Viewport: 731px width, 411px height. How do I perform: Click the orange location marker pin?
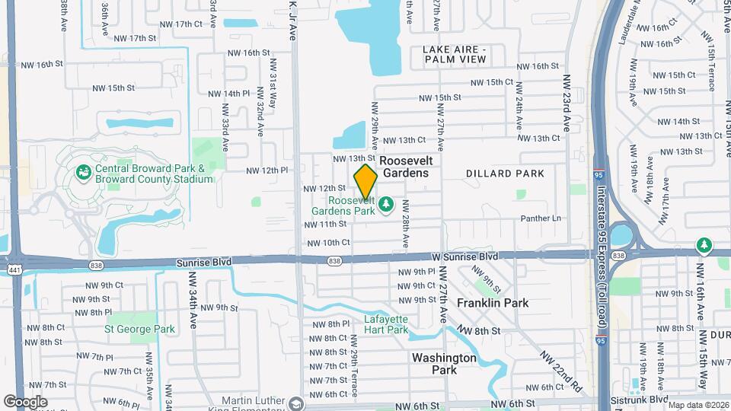tap(365, 181)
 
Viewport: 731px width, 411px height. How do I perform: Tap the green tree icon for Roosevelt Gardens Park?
tap(386, 203)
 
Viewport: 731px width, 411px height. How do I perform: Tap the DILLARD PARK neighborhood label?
tap(505, 174)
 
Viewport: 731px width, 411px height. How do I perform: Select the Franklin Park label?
tap(493, 303)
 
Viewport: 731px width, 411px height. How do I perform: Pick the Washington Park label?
tap(444, 363)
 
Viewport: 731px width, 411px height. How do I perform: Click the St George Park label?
tap(140, 330)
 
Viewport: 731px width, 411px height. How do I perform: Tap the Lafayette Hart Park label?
tap(386, 324)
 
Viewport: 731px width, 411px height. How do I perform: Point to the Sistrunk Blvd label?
tap(639, 400)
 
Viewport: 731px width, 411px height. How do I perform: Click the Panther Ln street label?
tap(541, 218)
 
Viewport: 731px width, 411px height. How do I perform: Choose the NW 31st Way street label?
tap(272, 94)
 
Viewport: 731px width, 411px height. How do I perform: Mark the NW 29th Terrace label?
tap(355, 373)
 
